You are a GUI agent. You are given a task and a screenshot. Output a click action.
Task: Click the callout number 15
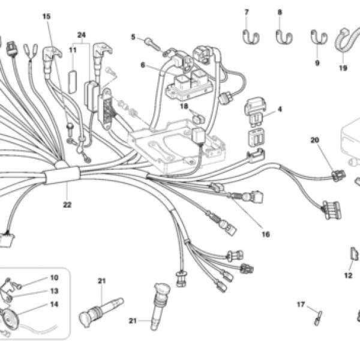(x=47, y=16)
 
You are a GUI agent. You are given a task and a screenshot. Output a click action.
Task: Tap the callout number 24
(x=82, y=35)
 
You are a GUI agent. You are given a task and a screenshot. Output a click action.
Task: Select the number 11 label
(x=73, y=50)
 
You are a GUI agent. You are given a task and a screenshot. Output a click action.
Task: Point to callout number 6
(x=143, y=65)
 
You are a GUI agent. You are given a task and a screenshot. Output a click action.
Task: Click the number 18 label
(x=184, y=106)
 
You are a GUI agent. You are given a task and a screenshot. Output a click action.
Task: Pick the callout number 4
(x=280, y=109)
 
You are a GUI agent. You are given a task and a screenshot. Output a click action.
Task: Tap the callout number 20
(x=315, y=140)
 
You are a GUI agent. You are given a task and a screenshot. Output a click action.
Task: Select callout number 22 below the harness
(x=67, y=205)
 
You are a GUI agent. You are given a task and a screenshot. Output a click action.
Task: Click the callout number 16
(x=265, y=235)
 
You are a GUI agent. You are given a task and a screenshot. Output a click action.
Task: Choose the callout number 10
(x=54, y=278)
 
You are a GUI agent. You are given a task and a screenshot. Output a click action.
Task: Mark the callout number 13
(x=54, y=291)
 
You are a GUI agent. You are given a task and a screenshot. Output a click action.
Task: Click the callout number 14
(x=54, y=304)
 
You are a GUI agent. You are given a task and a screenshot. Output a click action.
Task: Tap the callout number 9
(x=317, y=62)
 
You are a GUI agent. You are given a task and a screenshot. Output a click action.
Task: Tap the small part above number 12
(x=353, y=255)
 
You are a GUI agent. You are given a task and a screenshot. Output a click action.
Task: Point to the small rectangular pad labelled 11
(x=73, y=79)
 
